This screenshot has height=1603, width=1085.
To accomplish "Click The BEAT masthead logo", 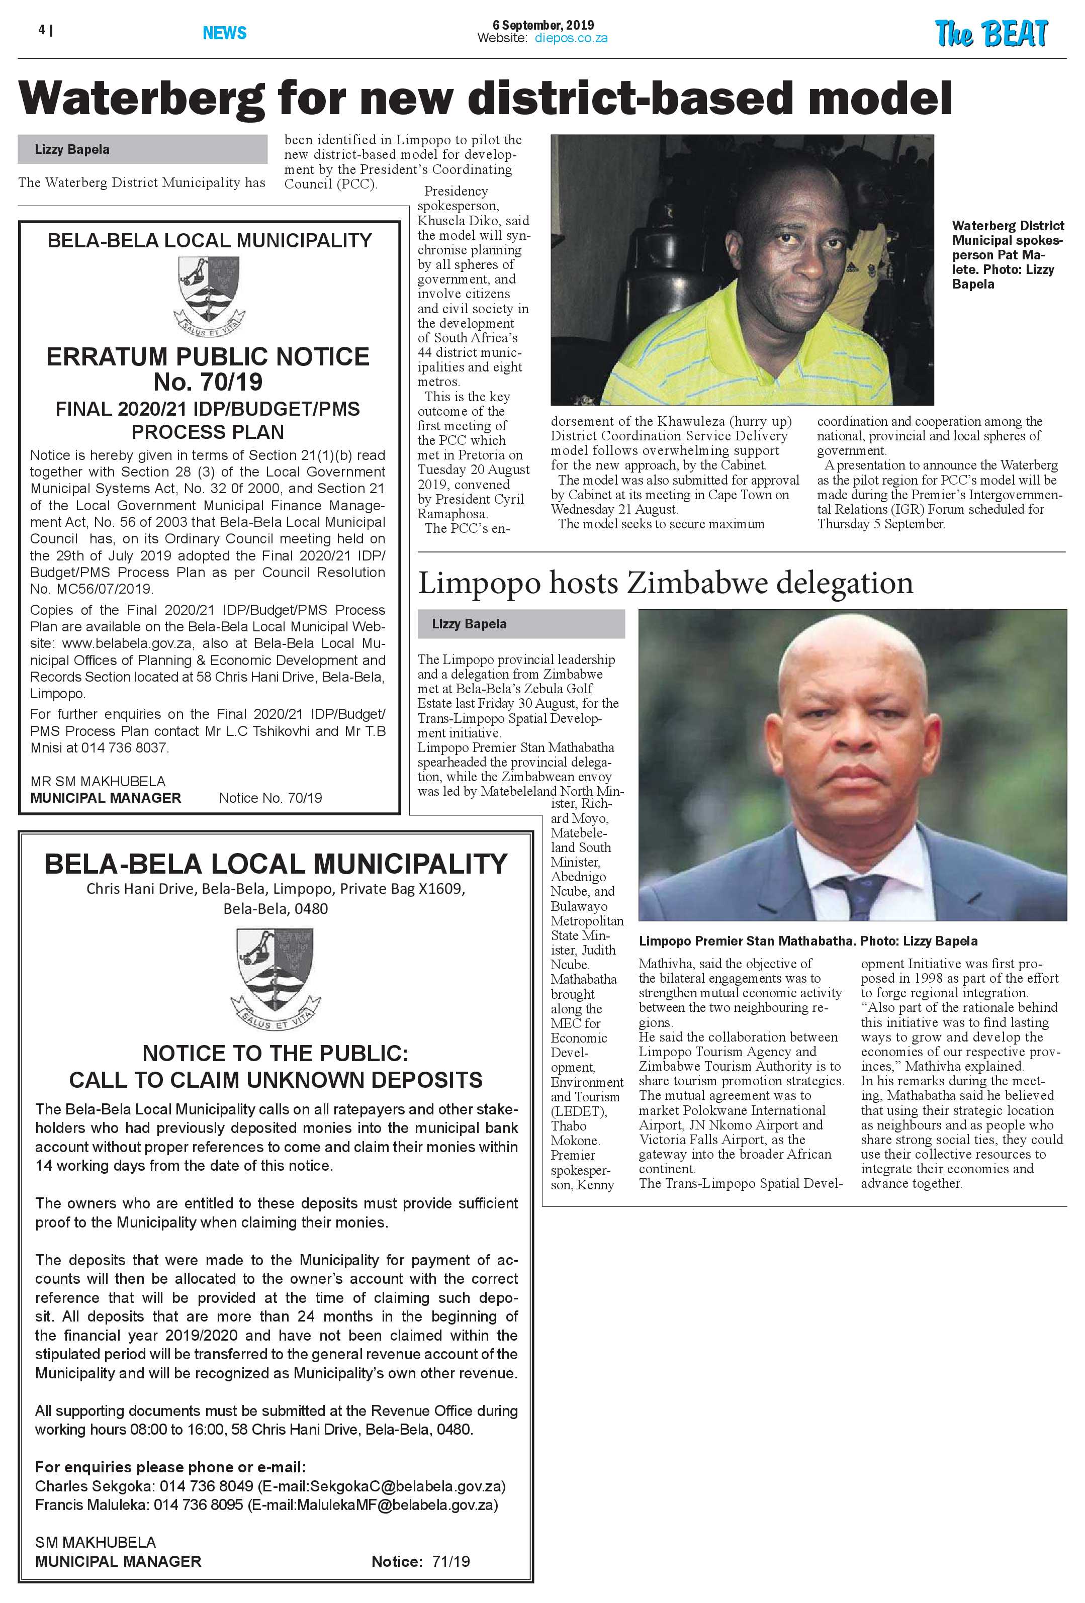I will pyautogui.click(x=990, y=33).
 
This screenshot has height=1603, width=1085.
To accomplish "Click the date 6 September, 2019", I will pyautogui.click(x=543, y=25).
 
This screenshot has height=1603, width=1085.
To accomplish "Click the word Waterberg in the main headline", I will pyautogui.click(x=141, y=98).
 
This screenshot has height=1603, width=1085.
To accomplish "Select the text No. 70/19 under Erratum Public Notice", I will pyautogui.click(x=208, y=382).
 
